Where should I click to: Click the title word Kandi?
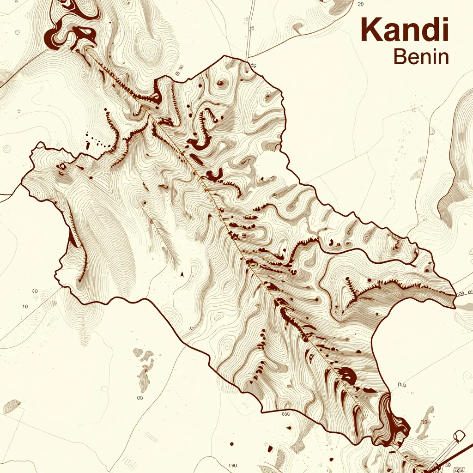point(405,30)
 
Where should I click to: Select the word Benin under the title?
point(421,57)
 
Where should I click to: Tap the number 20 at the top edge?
point(361,4)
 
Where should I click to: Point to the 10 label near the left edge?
point(25,306)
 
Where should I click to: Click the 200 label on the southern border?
point(285,414)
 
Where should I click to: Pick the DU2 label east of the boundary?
point(402,384)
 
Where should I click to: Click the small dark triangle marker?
point(182,274)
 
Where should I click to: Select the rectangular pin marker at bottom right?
point(459,435)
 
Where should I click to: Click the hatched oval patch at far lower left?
point(12,406)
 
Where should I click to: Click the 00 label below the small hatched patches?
point(139,397)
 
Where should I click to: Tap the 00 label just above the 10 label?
point(35,291)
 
